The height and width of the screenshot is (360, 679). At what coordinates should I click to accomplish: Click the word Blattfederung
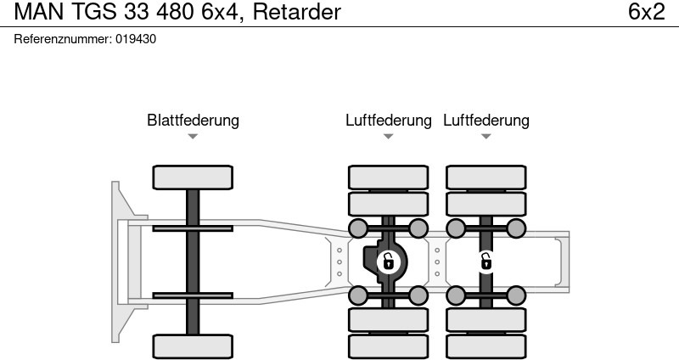pyautogui.click(x=193, y=121)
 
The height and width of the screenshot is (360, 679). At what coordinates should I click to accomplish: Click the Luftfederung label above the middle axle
pyautogui.click(x=388, y=121)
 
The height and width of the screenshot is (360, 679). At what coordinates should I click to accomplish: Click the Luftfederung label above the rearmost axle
pyautogui.click(x=485, y=121)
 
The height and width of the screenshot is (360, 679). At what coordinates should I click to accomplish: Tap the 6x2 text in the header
pyautogui.click(x=646, y=13)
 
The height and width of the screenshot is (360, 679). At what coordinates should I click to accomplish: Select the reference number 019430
pyautogui.click(x=137, y=39)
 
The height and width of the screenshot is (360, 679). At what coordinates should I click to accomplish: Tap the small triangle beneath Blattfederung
pyautogui.click(x=193, y=137)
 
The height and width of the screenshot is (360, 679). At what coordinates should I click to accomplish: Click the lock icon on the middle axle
pyautogui.click(x=388, y=262)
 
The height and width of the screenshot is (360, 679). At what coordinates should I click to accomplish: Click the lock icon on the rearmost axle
pyautogui.click(x=485, y=262)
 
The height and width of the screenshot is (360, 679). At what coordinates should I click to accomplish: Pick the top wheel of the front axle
pyautogui.click(x=193, y=177)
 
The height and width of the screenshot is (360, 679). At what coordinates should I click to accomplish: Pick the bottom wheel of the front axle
pyautogui.click(x=193, y=346)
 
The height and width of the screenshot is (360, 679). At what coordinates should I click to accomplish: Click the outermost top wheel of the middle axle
pyautogui.click(x=388, y=177)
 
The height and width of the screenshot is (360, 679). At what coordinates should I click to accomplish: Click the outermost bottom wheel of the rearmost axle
pyautogui.click(x=485, y=346)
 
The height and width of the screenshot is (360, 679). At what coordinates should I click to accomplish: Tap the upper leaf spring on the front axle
pyautogui.click(x=193, y=228)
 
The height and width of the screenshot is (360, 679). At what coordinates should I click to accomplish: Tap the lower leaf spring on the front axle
pyautogui.click(x=193, y=295)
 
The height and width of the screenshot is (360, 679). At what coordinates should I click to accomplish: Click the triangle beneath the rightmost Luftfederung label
pyautogui.click(x=485, y=137)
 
